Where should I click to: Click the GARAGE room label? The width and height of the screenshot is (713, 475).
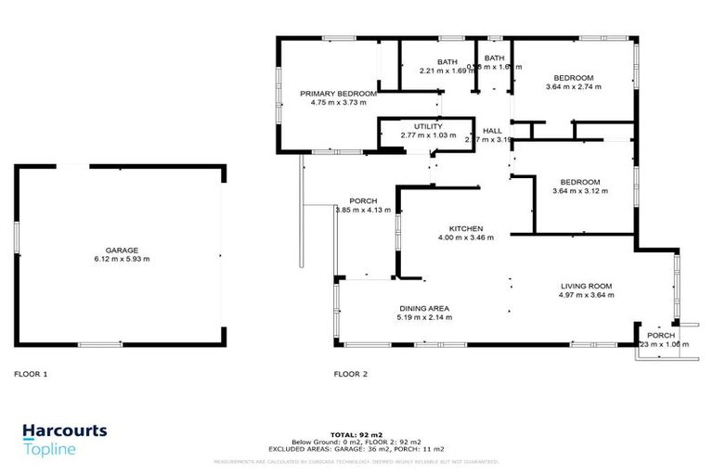121,250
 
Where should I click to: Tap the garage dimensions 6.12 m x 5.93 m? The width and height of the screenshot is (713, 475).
121,259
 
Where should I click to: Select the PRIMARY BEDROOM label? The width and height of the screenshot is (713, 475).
338,94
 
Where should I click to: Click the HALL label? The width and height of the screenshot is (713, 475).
493,131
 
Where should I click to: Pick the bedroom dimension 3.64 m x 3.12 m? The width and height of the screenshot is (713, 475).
577,191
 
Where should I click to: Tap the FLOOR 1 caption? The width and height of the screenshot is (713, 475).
31,375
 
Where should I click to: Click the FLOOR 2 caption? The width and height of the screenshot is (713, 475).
351,375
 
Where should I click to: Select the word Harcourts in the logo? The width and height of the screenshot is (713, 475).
64,431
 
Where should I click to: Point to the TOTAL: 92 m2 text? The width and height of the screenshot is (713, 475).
356,434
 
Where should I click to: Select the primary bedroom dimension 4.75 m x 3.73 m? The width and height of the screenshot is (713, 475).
338,103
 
